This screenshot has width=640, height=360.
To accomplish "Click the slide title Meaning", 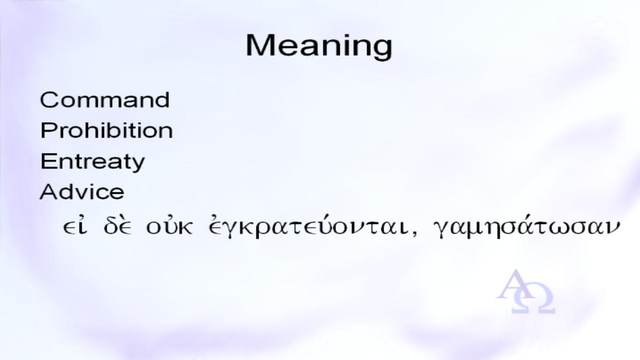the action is [x=319, y=46].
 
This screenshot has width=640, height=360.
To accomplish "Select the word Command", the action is [x=105, y=100].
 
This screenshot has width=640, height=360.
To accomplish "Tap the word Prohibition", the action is [x=107, y=130].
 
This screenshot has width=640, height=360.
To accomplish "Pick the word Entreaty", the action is [x=93, y=162].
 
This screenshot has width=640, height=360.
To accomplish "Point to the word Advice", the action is [x=82, y=191].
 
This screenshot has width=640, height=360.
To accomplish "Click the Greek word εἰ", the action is [x=75, y=227].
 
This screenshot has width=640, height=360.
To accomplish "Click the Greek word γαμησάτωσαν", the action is [x=526, y=227].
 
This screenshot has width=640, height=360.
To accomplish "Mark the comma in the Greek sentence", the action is [x=414, y=234].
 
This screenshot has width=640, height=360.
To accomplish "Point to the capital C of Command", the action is [x=49, y=100].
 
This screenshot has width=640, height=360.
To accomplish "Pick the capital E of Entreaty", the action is [x=47, y=161].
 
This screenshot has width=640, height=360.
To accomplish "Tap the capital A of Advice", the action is [x=50, y=191].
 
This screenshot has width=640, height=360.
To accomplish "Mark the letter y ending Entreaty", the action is [x=138, y=165].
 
